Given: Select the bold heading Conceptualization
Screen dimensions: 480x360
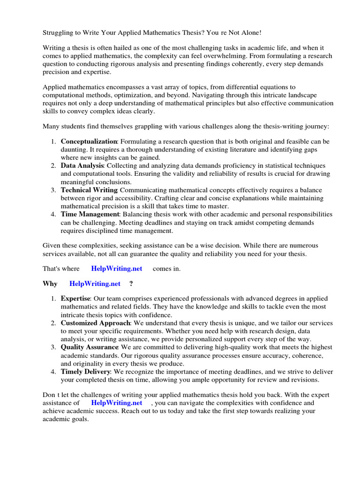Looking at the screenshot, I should pyautogui.click(x=89, y=141).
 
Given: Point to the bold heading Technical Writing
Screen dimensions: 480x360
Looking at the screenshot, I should pyautogui.click(x=89, y=190).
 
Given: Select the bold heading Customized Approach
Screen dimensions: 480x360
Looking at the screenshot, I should pyautogui.click(x=95, y=323).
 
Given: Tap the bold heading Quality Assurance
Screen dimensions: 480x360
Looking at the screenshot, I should pyautogui.click(x=89, y=347).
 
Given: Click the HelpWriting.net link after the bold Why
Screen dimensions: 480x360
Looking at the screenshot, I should pyautogui.click(x=95, y=284).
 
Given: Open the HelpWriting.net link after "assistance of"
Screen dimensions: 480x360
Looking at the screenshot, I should pyautogui.click(x=116, y=403).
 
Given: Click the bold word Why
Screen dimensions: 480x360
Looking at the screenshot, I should pyautogui.click(x=50, y=284).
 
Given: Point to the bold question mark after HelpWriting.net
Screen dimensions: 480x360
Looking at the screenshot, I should pyautogui.click(x=131, y=284).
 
